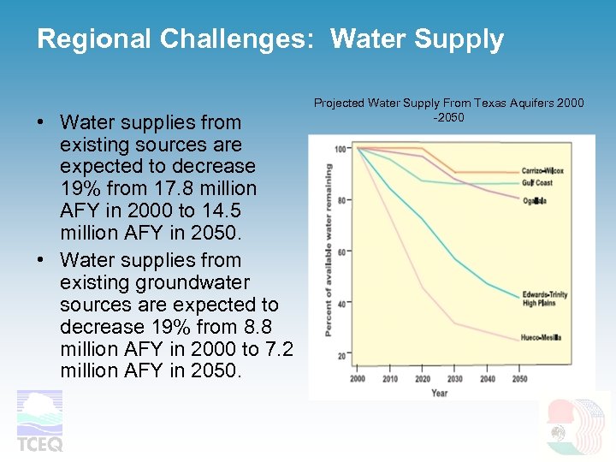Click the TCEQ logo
(40, 420)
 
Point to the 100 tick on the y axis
(341, 150)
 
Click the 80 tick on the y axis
(342, 201)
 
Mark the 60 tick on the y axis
(342, 252)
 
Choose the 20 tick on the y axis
(342, 355)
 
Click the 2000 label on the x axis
(357, 379)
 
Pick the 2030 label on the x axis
(454, 379)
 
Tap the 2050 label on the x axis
(519, 379)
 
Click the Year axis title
(439, 393)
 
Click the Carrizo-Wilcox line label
(542, 171)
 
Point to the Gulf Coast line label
(537, 183)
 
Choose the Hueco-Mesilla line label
(541, 338)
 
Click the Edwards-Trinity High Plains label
(544, 299)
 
